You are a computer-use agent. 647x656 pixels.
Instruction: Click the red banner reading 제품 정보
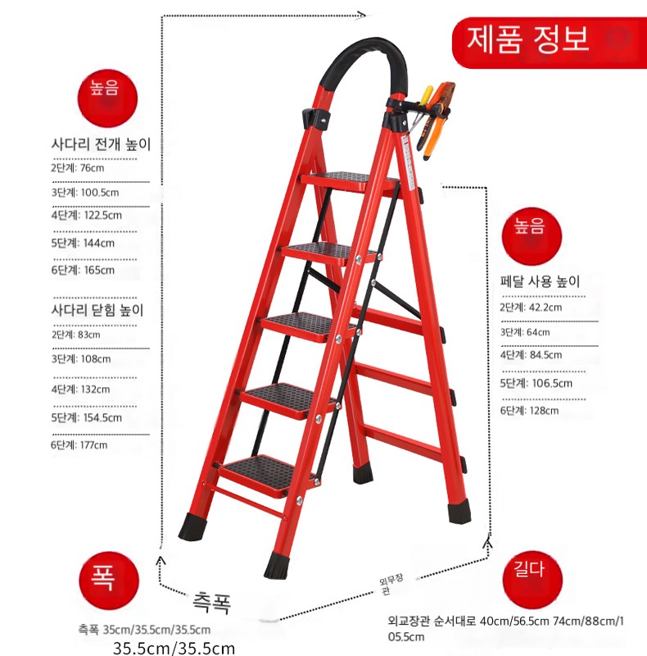coord(550,43)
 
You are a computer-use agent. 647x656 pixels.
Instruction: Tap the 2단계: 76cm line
coord(78,168)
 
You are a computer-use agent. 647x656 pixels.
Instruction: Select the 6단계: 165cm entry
coord(83,270)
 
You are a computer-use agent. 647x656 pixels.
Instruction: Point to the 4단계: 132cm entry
coord(80,389)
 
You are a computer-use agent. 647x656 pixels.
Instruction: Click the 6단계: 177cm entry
coord(79,444)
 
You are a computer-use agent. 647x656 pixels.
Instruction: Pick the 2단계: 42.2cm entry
coord(531,307)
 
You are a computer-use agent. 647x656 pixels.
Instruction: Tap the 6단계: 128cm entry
coord(529,411)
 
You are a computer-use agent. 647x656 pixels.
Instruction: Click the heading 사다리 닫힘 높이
coord(97,310)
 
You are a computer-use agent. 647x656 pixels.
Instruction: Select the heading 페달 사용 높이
coord(540,281)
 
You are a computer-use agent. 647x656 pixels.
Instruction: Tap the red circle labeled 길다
coord(532,580)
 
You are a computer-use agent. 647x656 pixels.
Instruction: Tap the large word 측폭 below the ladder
coord(211,602)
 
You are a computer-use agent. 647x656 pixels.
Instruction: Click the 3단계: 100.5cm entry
coord(85,193)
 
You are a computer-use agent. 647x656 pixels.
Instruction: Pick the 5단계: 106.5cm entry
coord(536,383)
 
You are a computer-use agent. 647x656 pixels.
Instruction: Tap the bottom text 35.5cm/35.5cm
coord(174,648)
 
